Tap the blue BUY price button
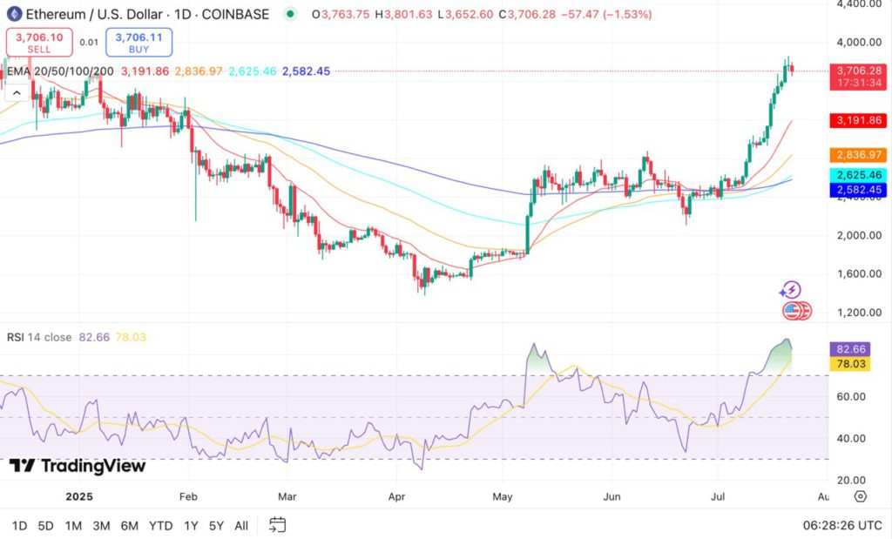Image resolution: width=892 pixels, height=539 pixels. (x=139, y=42)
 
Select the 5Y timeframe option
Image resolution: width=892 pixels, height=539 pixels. (x=215, y=525)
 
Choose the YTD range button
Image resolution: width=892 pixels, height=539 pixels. (x=160, y=525)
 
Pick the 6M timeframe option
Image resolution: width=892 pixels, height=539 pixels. (x=130, y=525)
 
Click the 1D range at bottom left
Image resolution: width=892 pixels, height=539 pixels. (x=19, y=525)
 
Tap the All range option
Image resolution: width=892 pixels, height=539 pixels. (x=241, y=525)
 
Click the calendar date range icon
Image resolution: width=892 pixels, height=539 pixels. (x=277, y=524)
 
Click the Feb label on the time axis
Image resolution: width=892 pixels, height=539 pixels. (x=188, y=496)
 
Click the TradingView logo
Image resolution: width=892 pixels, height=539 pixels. (x=78, y=467)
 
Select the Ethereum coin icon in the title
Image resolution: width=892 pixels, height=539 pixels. (x=13, y=15)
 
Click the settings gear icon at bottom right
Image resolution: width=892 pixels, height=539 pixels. (x=861, y=496)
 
